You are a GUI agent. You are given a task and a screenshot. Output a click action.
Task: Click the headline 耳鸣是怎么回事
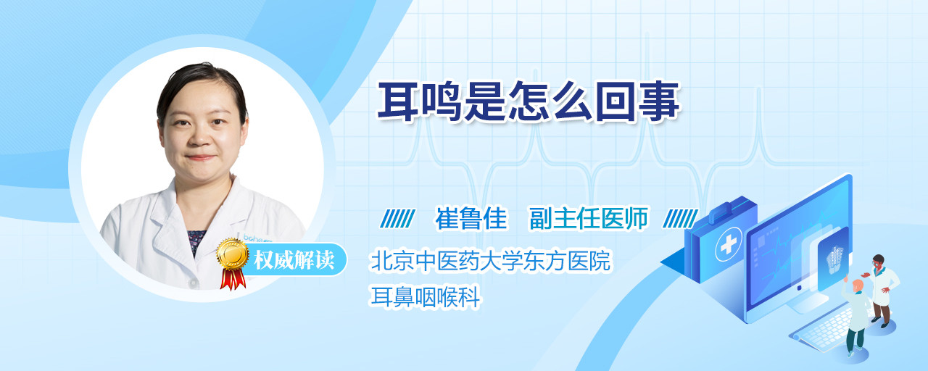(x=529, y=101)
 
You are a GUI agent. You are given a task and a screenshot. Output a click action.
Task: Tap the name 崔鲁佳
(x=471, y=218)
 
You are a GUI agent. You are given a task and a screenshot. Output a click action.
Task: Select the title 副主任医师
(x=589, y=218)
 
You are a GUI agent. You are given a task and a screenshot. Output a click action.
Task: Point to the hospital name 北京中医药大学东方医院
(x=491, y=260)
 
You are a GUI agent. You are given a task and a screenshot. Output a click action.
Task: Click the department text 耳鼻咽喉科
(x=425, y=296)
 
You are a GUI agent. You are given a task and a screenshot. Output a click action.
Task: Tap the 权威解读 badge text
(x=294, y=260)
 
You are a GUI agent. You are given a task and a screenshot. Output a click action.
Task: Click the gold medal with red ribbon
(x=233, y=263)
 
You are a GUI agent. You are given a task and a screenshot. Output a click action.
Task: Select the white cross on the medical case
(x=729, y=245)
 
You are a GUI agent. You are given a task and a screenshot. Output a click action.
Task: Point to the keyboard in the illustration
(x=822, y=329)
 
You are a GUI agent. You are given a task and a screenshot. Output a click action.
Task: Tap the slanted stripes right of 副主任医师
(x=680, y=219)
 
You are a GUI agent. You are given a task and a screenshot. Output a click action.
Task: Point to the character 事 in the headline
(x=660, y=101)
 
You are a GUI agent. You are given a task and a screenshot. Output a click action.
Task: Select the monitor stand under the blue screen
(x=805, y=302)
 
